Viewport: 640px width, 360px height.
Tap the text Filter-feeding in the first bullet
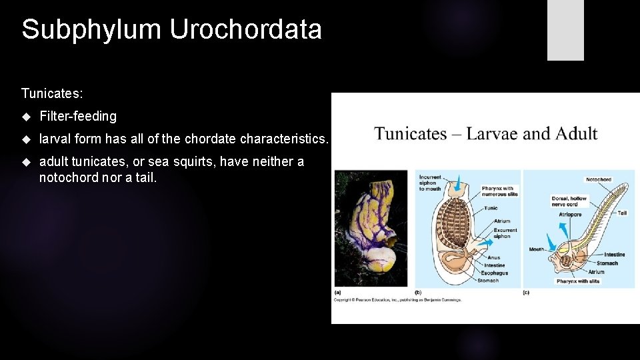click(78, 116)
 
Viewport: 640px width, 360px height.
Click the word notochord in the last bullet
click(69, 177)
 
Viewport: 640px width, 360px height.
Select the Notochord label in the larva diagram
click(598, 179)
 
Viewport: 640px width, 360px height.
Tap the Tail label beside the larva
click(621, 213)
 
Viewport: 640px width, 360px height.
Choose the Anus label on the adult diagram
click(493, 257)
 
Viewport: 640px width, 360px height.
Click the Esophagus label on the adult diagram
click(496, 273)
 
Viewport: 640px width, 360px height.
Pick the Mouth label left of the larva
click(537, 249)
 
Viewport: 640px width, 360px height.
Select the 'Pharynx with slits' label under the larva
click(577, 281)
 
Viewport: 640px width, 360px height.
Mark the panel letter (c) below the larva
click(526, 292)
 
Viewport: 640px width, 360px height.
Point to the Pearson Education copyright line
click(397, 299)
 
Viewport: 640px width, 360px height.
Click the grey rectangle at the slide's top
click(565, 30)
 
